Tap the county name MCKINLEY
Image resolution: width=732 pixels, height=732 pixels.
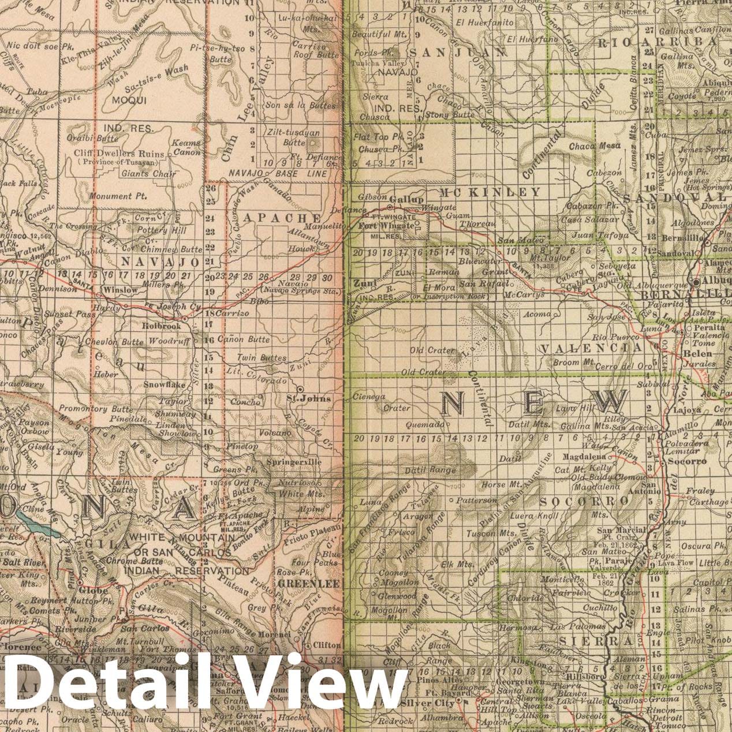(x=490, y=192)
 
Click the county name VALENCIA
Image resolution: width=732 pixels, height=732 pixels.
(x=591, y=348)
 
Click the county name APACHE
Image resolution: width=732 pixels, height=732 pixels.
(x=274, y=218)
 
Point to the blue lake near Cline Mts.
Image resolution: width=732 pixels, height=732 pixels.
(x=35, y=520)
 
